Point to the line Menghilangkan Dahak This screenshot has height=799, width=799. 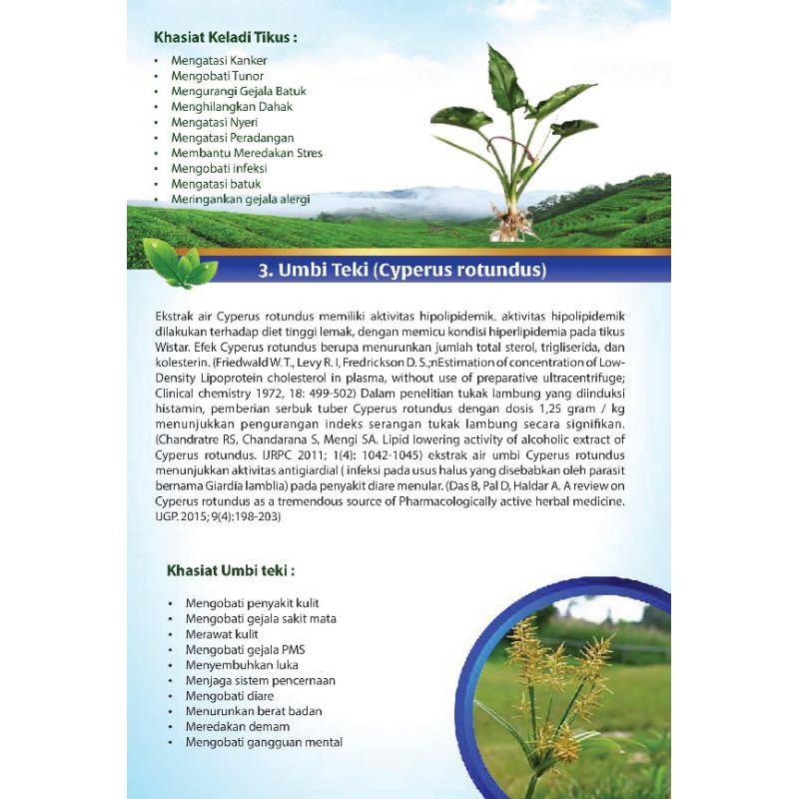tap(224, 107)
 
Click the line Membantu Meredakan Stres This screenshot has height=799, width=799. tap(246, 153)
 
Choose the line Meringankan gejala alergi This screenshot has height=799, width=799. tap(240, 199)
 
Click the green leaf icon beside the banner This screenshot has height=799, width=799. tap(180, 262)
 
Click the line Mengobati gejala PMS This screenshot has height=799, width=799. tap(244, 649)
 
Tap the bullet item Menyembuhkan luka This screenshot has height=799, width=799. tap(241, 665)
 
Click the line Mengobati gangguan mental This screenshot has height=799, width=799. tap(263, 742)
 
